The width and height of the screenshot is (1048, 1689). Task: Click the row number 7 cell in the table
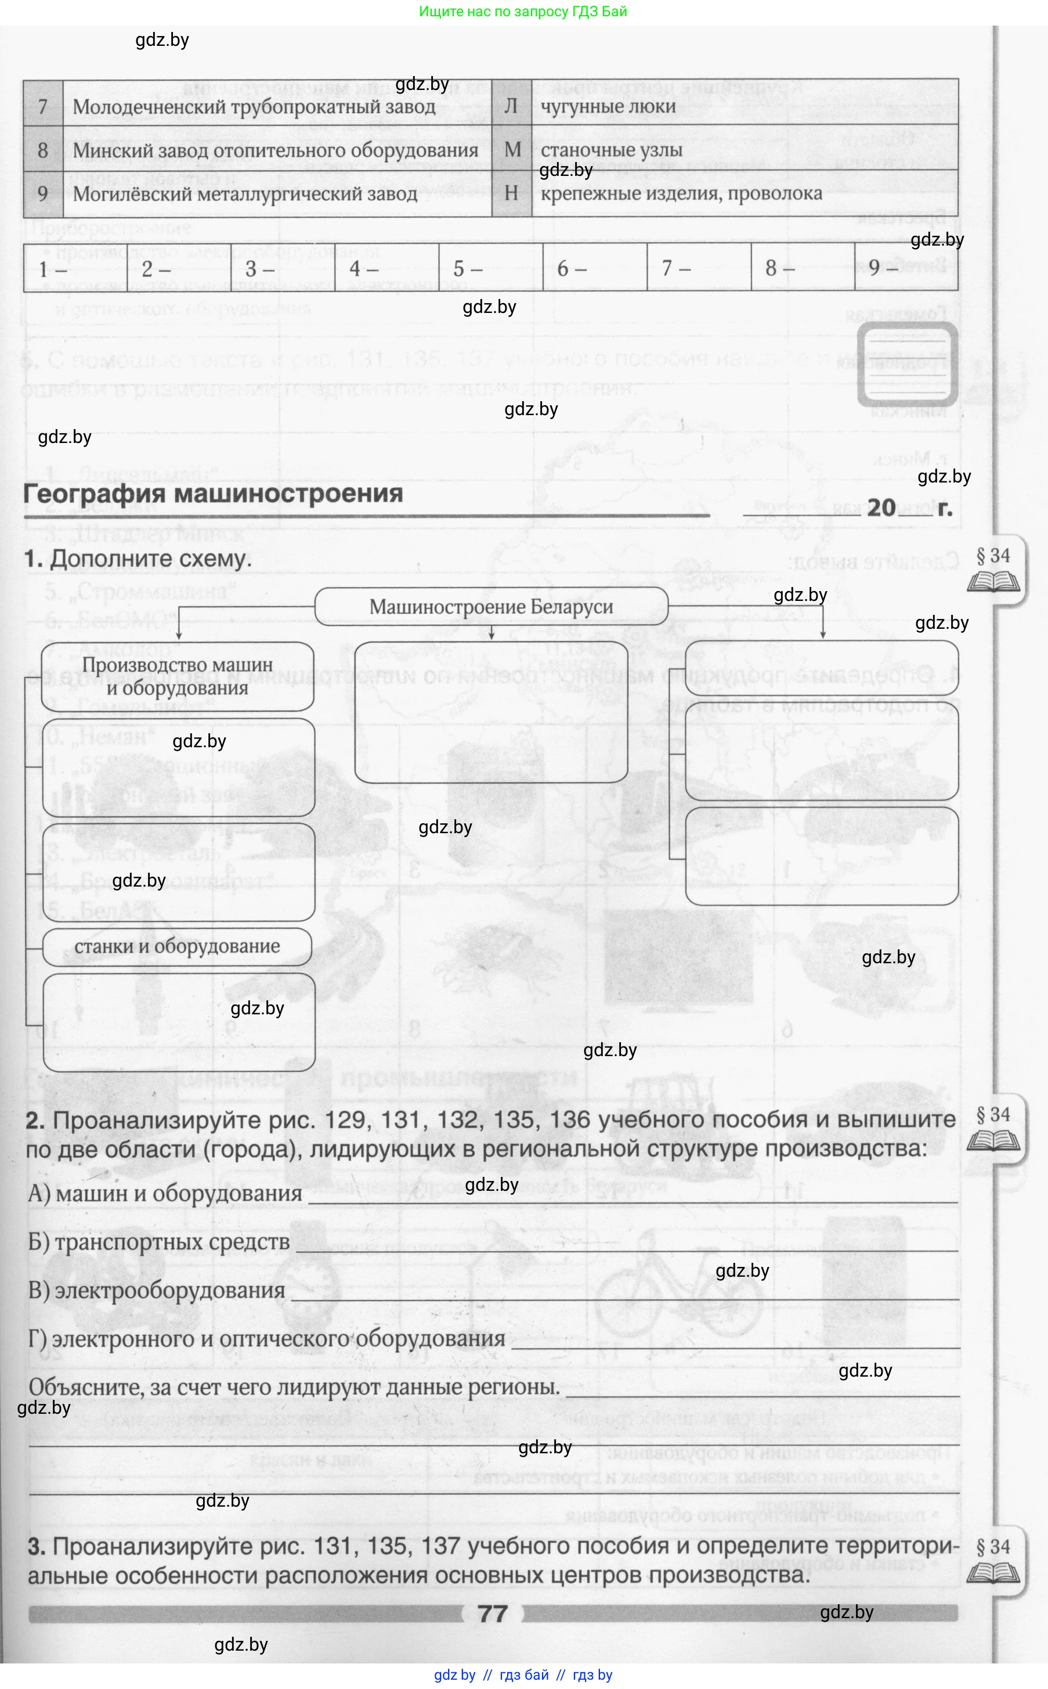coord(43,106)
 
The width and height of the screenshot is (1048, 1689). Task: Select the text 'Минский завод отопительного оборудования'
coord(275,150)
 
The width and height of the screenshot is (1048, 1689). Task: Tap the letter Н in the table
coord(512,193)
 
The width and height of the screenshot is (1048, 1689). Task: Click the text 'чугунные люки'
coord(608,106)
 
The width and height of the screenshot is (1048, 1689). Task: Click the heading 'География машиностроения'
coord(213,494)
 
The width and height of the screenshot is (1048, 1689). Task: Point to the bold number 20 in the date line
coord(881,507)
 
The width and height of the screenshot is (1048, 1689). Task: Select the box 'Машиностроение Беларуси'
coord(491,607)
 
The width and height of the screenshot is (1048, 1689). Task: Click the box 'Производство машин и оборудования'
coord(178,676)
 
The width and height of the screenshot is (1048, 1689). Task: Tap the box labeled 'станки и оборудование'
coord(178,946)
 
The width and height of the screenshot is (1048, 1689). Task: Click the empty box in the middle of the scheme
coord(491,712)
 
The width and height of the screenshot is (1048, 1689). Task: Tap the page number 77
coord(492,1614)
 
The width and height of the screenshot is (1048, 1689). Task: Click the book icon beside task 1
coord(993,581)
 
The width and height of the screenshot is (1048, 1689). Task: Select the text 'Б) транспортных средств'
coord(159,1242)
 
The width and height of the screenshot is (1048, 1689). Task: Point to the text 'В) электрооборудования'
coord(157,1290)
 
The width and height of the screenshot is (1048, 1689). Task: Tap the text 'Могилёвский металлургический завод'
coord(245,194)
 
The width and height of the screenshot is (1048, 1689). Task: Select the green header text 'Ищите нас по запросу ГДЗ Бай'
coord(523,11)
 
